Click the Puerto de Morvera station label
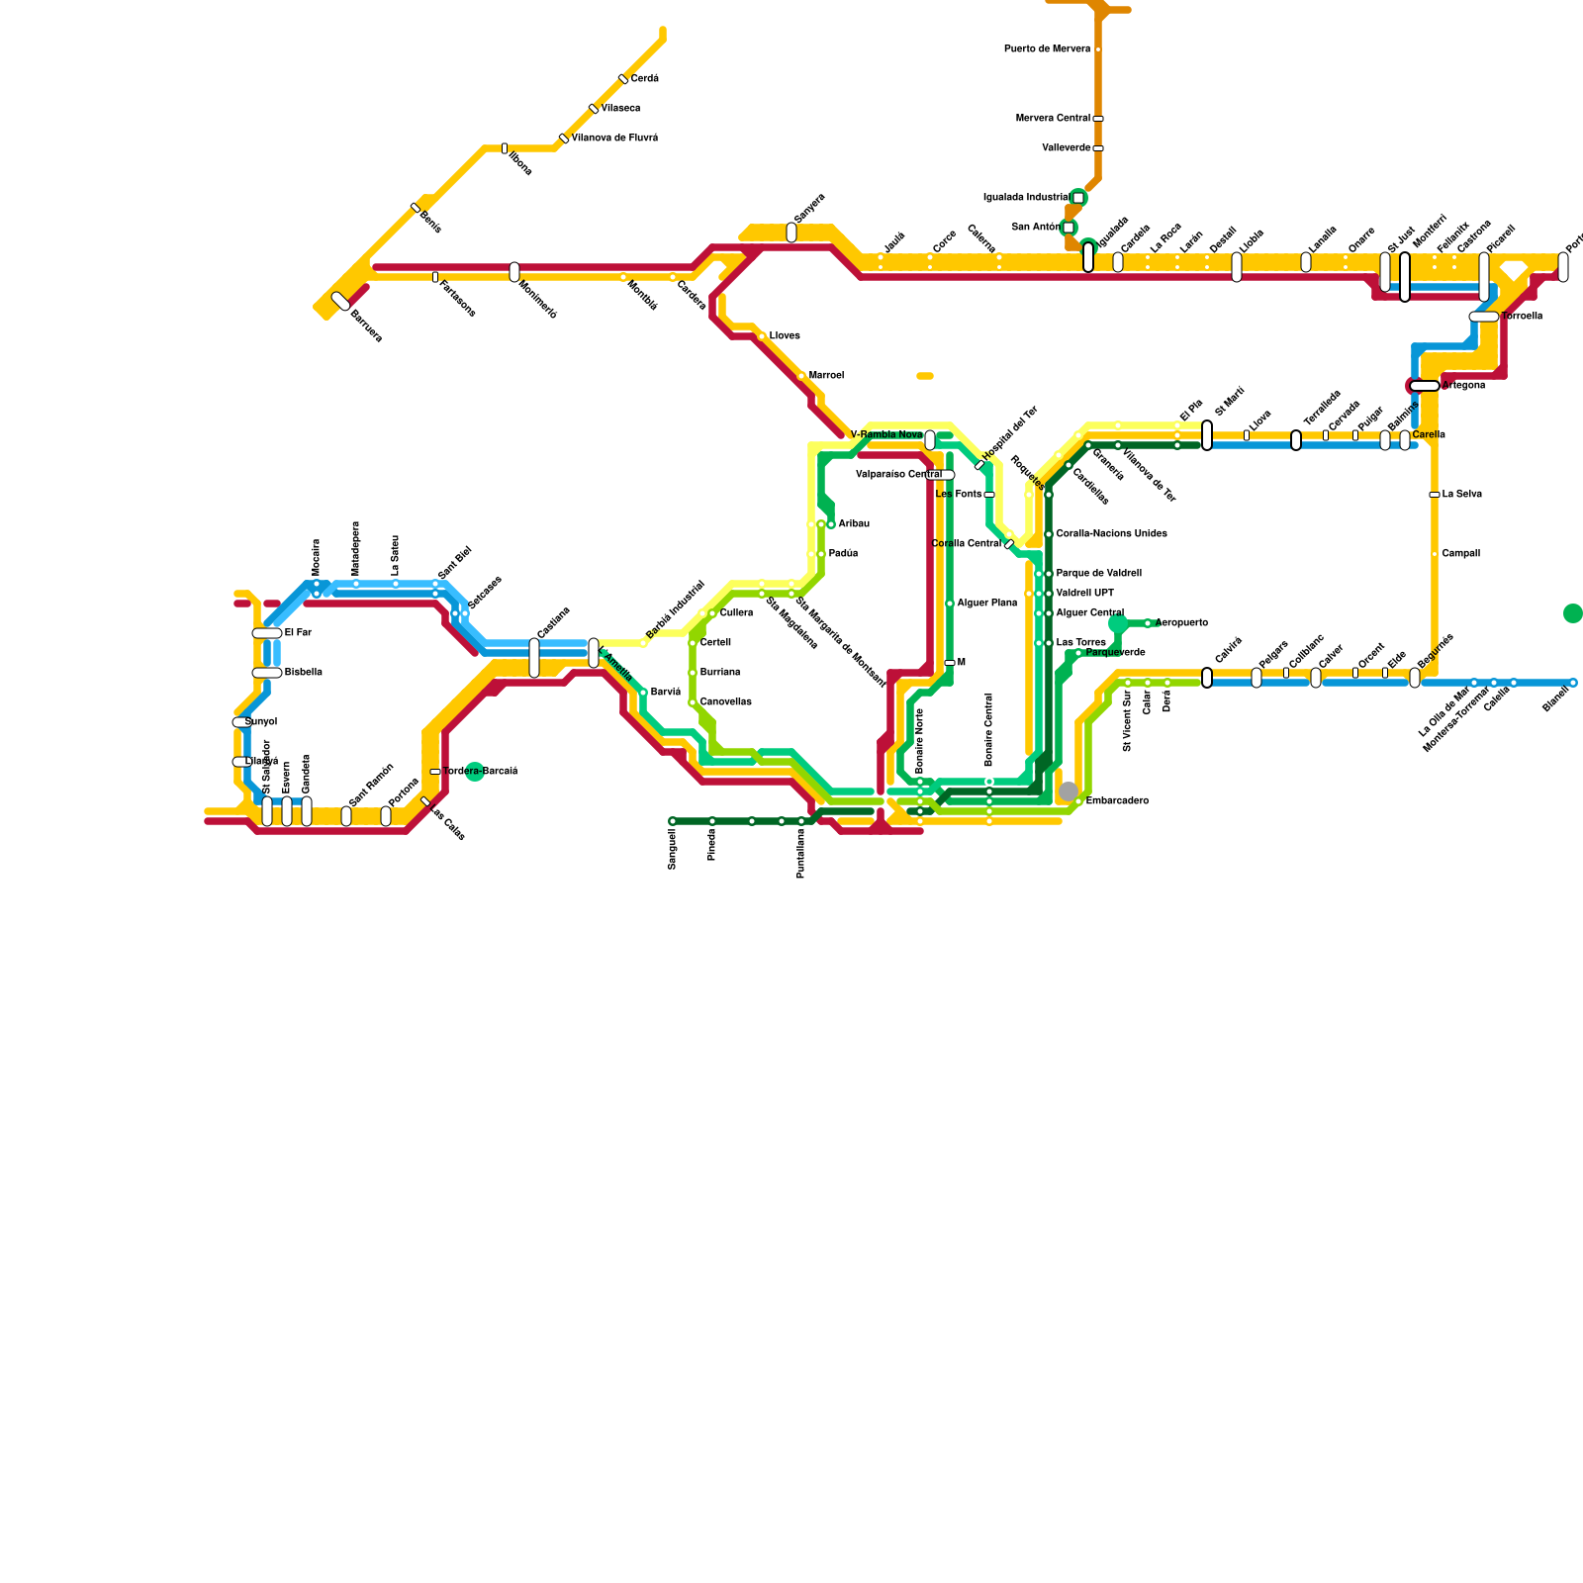pos(1047,49)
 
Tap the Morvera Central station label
pos(1053,119)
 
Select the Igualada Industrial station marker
pos(1078,198)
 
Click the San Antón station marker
pos(1069,228)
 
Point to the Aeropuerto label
pos(1181,623)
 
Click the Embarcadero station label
pos(1117,801)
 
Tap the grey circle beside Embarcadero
pos(1069,791)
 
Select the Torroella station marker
pos(1484,317)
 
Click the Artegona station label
pos(1463,386)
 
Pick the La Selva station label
pos(1461,495)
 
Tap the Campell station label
pos(1460,554)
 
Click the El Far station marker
pos(267,633)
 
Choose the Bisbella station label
pos(303,673)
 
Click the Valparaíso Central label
pos(898,475)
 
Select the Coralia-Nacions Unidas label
pos(1111,534)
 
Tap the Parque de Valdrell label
pos(1098,574)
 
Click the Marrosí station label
pos(826,376)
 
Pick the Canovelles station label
pos(725,702)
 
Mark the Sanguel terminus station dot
pos(673,821)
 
